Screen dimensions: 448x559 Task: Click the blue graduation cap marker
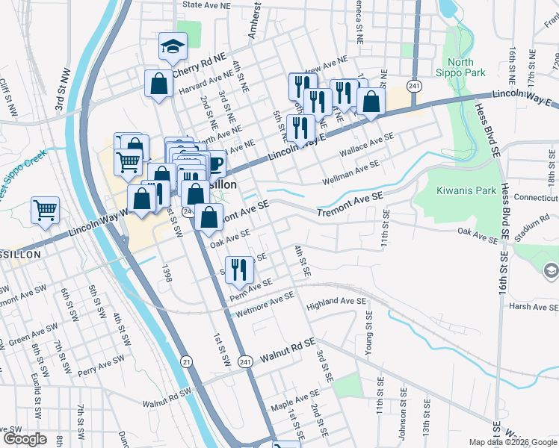coord(173,47)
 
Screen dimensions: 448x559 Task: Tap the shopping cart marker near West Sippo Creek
coord(45,210)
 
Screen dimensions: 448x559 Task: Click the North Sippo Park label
coord(466,67)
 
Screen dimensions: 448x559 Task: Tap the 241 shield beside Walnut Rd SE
coord(245,361)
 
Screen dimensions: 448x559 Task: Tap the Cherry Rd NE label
coord(199,66)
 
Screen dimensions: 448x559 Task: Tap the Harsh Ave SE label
coord(534,306)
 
